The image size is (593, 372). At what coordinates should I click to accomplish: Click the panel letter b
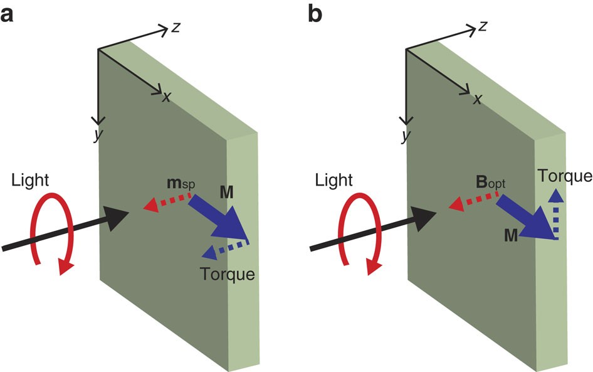315,13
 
